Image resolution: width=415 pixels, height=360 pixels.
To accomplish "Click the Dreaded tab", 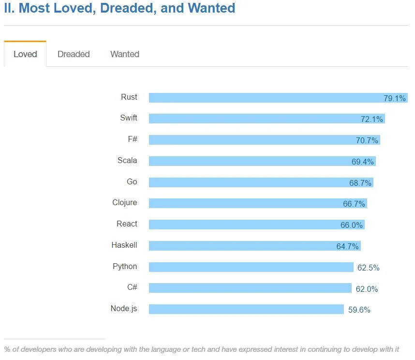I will (74, 54).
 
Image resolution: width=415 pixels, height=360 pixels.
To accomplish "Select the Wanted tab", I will (125, 54).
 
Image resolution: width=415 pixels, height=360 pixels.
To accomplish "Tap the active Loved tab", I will (25, 54).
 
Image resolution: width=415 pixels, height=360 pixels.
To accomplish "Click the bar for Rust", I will (261, 98).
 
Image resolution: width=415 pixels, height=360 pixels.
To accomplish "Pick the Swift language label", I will (129, 118).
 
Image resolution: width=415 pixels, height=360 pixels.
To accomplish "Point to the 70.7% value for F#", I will (367, 141).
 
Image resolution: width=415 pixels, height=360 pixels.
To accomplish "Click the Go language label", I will (132, 182).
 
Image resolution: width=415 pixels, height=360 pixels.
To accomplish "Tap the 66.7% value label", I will (354, 204).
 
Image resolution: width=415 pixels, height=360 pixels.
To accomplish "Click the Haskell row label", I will (124, 245).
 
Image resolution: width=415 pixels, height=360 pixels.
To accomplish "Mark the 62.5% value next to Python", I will (369, 268).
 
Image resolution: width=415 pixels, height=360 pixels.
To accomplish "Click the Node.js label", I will (124, 309).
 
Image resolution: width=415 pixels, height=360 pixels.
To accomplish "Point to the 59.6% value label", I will (359, 310).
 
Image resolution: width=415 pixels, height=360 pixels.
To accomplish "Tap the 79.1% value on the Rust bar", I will (395, 99).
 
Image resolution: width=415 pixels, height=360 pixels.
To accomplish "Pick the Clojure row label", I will (125, 203).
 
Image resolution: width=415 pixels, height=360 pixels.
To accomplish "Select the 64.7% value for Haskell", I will (348, 247).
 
